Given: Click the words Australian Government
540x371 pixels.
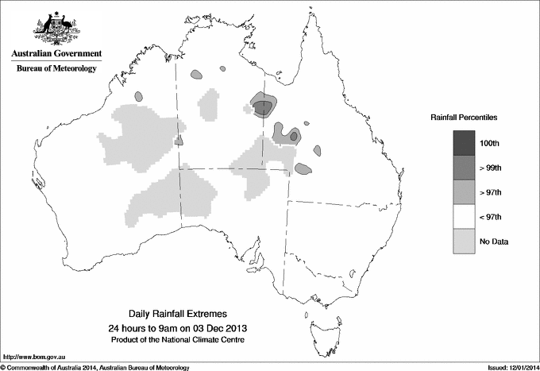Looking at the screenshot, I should [56, 54].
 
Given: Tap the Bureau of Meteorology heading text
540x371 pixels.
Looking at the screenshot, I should [56, 69].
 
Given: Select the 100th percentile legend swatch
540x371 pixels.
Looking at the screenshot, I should [465, 142].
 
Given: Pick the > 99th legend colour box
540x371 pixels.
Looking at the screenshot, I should [465, 167].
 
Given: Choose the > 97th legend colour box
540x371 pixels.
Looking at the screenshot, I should [465, 191].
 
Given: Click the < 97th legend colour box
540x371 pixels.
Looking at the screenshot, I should [465, 216].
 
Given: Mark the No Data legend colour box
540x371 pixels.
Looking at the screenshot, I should [465, 241].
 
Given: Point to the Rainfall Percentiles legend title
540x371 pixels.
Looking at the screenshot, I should [464, 118].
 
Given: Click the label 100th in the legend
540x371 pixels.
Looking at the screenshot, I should [491, 143].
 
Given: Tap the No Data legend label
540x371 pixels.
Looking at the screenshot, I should [493, 242].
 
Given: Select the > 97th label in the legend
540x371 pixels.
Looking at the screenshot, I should [492, 192].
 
